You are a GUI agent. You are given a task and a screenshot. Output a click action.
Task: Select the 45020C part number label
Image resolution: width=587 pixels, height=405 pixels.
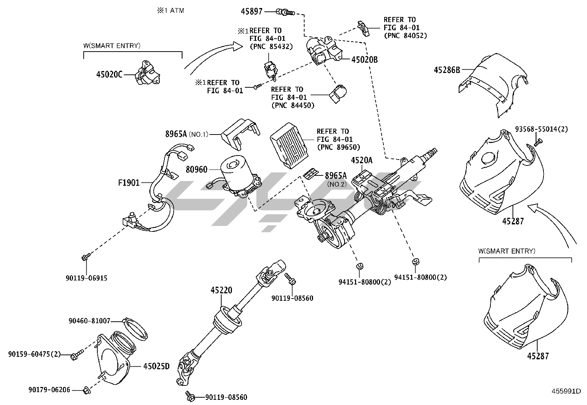click(x=109, y=74)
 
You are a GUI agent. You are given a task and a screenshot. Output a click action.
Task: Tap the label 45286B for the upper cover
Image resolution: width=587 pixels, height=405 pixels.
click(x=447, y=69)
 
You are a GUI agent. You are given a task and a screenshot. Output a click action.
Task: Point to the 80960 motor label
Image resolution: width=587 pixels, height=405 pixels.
click(x=197, y=170)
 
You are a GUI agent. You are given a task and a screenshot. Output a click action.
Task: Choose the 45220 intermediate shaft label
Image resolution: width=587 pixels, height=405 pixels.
click(x=221, y=290)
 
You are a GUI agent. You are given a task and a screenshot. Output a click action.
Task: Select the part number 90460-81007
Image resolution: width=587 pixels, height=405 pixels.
click(x=90, y=321)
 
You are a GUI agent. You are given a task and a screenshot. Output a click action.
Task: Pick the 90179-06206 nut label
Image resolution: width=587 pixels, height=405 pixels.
click(x=49, y=390)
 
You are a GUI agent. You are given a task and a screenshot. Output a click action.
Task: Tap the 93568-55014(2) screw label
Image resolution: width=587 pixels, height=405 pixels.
click(x=541, y=129)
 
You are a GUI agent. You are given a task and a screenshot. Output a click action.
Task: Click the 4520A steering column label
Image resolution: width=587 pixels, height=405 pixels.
click(x=361, y=160)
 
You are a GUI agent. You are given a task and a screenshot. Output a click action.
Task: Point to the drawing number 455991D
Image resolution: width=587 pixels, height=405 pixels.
click(x=566, y=391)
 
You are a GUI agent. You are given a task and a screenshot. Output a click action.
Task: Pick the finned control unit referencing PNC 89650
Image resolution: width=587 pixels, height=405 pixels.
click(x=289, y=146)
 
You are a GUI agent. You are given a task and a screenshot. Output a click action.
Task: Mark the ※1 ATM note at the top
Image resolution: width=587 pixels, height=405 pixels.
click(x=170, y=11)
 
